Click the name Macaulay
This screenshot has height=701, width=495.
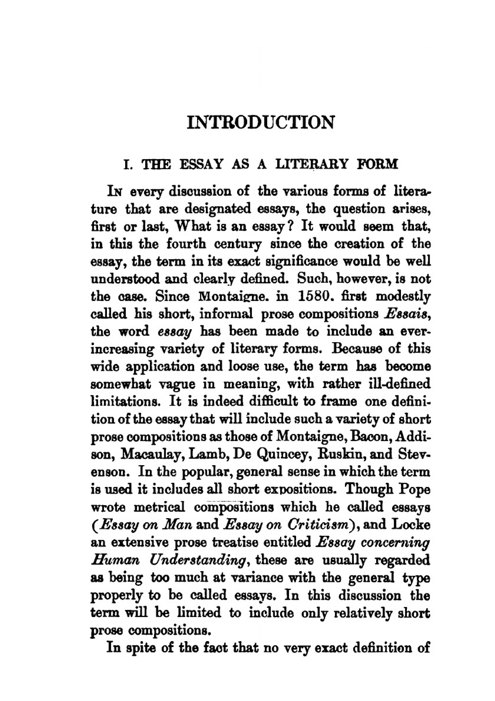[x=153, y=454]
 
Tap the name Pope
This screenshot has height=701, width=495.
[x=412, y=489]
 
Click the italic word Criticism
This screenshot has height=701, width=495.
[x=327, y=524]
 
